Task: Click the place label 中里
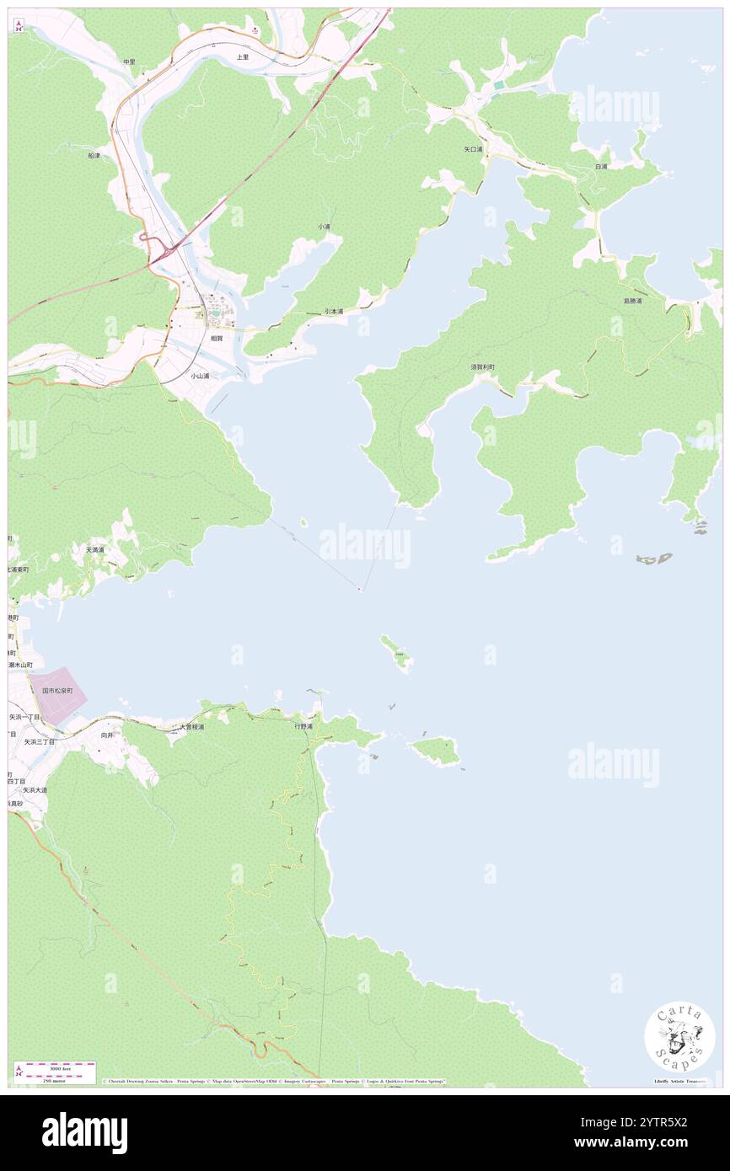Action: click(x=129, y=61)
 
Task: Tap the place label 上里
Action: click(x=243, y=57)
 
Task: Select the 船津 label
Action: click(x=94, y=156)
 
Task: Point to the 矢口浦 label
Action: click(x=474, y=149)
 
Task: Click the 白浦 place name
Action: click(x=601, y=167)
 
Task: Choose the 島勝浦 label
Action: click(x=632, y=301)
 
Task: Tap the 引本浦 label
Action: click(x=335, y=312)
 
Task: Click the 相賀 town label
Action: click(x=217, y=338)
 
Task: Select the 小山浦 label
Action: click(x=199, y=376)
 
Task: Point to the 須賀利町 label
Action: click(x=483, y=367)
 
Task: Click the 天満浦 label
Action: click(x=95, y=549)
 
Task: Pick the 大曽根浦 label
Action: click(x=191, y=726)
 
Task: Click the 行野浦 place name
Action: click(x=303, y=725)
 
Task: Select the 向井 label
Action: click(x=106, y=735)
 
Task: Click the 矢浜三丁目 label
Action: click(x=39, y=742)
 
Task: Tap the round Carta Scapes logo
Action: click(x=679, y=1037)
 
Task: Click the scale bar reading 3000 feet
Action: click(x=56, y=1067)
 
